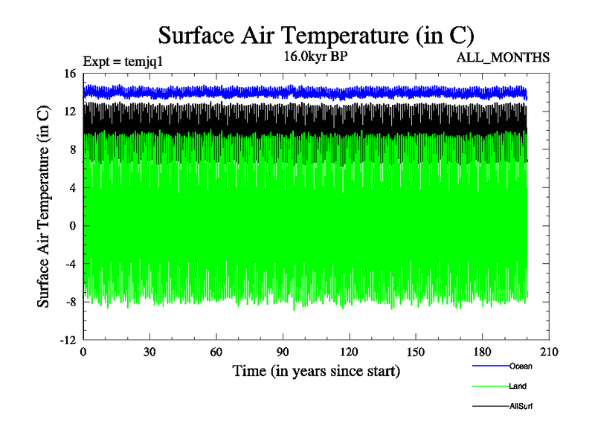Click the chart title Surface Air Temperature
coord(316,35)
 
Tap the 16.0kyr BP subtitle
coord(315,55)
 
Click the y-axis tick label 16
coord(70,74)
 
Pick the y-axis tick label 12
coord(70,111)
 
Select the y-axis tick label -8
coord(70,302)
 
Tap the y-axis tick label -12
coord(68,340)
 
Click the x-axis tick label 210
coord(549,352)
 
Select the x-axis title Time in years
coord(316,370)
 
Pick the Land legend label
coord(518,386)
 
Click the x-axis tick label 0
coord(83,352)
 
